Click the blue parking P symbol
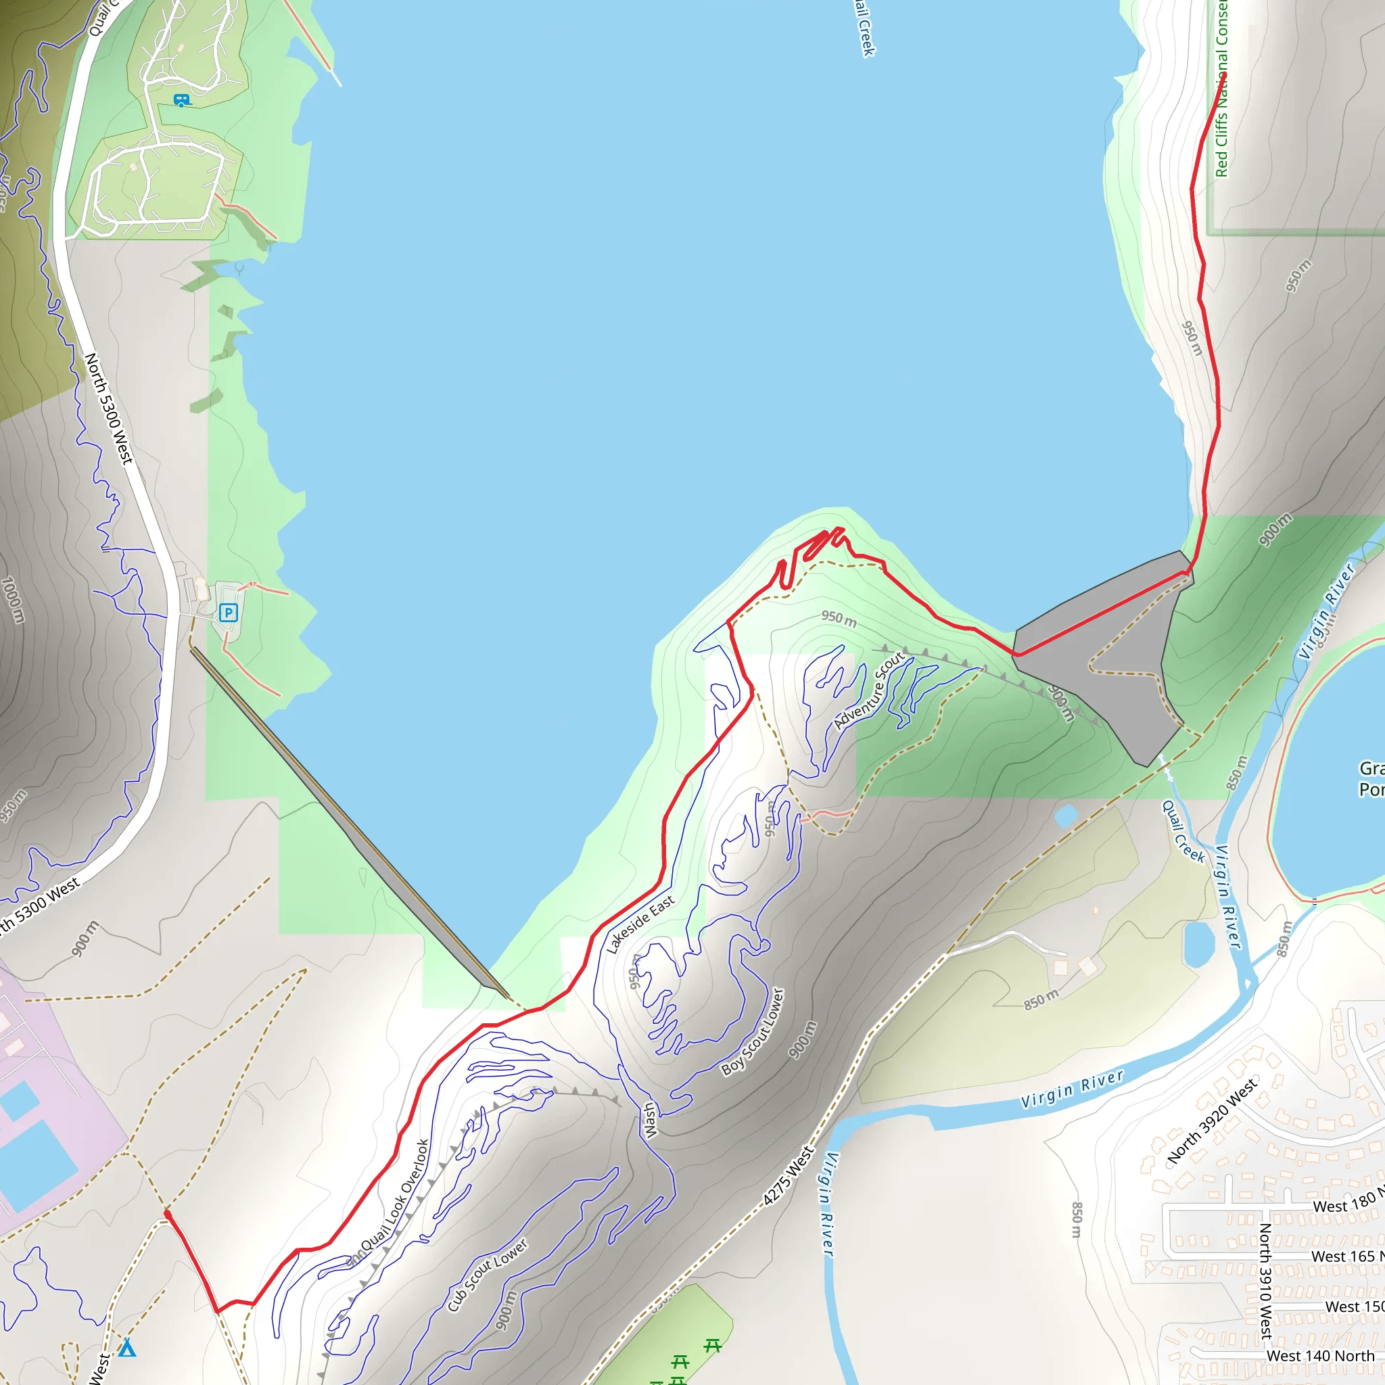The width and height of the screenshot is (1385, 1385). (228, 612)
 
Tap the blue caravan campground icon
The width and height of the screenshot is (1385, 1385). (181, 100)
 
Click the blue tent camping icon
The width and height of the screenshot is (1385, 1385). (127, 1348)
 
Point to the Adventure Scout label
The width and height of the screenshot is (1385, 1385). (870, 691)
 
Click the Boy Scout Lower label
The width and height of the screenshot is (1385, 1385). (753, 1031)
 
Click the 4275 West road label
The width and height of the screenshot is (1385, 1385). (788, 1175)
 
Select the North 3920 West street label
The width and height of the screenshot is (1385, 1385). (1211, 1120)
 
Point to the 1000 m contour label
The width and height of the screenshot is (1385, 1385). (11, 599)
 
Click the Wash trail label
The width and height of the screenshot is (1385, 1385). (649, 1120)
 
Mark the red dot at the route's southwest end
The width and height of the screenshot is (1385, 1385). (167, 1214)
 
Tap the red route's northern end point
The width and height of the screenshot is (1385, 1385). (1225, 74)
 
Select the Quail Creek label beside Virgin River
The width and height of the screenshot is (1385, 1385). (1183, 832)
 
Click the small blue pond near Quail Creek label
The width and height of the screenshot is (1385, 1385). (1065, 815)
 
